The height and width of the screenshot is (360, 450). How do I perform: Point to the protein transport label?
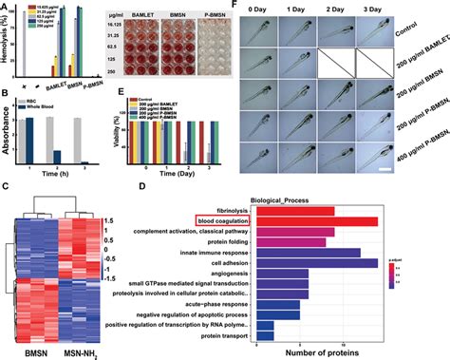click(223, 335)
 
